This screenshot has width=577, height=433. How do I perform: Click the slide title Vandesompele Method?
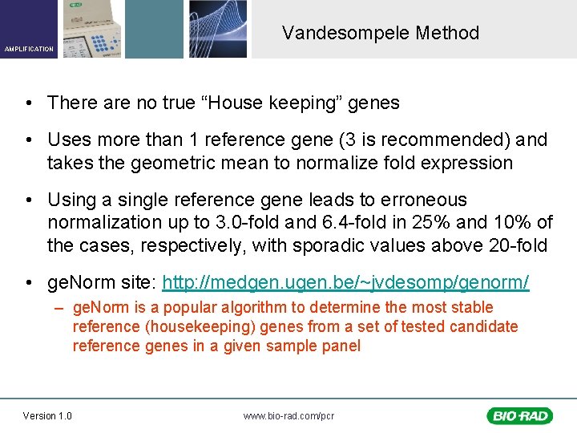coord(380,33)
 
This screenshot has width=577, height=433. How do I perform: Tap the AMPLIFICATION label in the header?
coord(29,49)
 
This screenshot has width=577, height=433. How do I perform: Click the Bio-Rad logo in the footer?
coord(518,415)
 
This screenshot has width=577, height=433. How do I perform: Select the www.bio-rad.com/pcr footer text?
coord(288,415)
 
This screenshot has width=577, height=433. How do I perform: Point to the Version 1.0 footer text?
coord(47,415)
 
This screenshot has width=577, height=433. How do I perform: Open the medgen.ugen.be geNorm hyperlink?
coord(345,282)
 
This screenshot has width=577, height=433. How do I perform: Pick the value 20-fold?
coord(517,245)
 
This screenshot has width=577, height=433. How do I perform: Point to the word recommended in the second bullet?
coord(447,140)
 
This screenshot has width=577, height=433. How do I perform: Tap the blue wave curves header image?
coord(218,29)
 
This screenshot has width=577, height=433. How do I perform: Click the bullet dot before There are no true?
coord(28,103)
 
